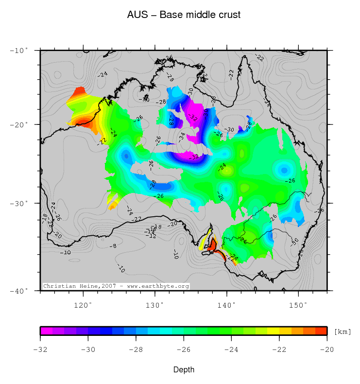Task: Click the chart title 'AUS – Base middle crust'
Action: [x=184, y=15]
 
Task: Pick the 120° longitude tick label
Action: [x=83, y=305]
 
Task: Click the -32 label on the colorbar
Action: [x=40, y=349]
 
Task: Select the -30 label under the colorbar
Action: [x=87, y=349]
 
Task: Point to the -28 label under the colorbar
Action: [x=136, y=349]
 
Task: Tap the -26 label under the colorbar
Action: [x=184, y=349]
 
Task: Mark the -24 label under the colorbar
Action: [x=231, y=349]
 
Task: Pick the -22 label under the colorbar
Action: [x=279, y=349]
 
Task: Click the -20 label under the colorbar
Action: [x=327, y=349]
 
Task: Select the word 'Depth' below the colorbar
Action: [x=184, y=370]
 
